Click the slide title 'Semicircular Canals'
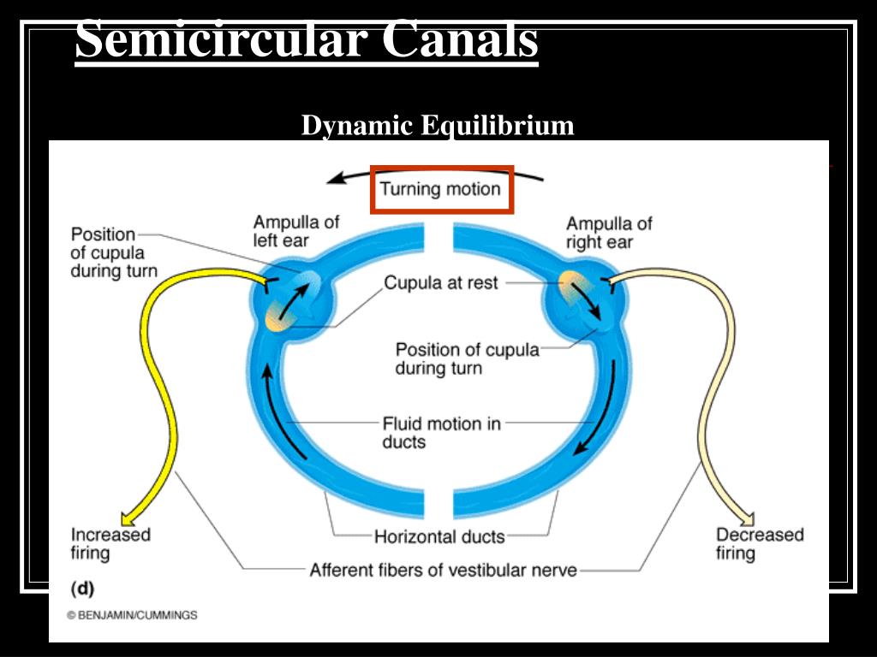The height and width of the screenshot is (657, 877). (x=307, y=40)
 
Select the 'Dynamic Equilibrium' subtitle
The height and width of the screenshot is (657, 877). (x=437, y=126)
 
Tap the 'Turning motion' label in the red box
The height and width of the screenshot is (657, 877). (x=440, y=189)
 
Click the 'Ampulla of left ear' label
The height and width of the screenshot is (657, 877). (x=295, y=231)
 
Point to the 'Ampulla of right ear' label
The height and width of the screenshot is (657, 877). (x=608, y=233)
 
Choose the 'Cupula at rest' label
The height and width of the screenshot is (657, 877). (x=440, y=282)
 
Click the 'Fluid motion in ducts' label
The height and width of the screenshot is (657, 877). (x=441, y=432)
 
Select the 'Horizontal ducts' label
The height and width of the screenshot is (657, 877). (x=439, y=537)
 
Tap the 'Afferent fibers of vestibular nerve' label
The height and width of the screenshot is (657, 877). (x=443, y=569)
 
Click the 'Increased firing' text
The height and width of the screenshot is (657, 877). (x=110, y=543)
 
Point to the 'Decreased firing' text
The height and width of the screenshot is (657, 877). (x=760, y=543)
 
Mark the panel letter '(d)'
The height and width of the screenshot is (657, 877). (x=82, y=589)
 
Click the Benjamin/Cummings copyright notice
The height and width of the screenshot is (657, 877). (x=132, y=615)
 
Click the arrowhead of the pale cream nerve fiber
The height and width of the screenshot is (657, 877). (x=746, y=518)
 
